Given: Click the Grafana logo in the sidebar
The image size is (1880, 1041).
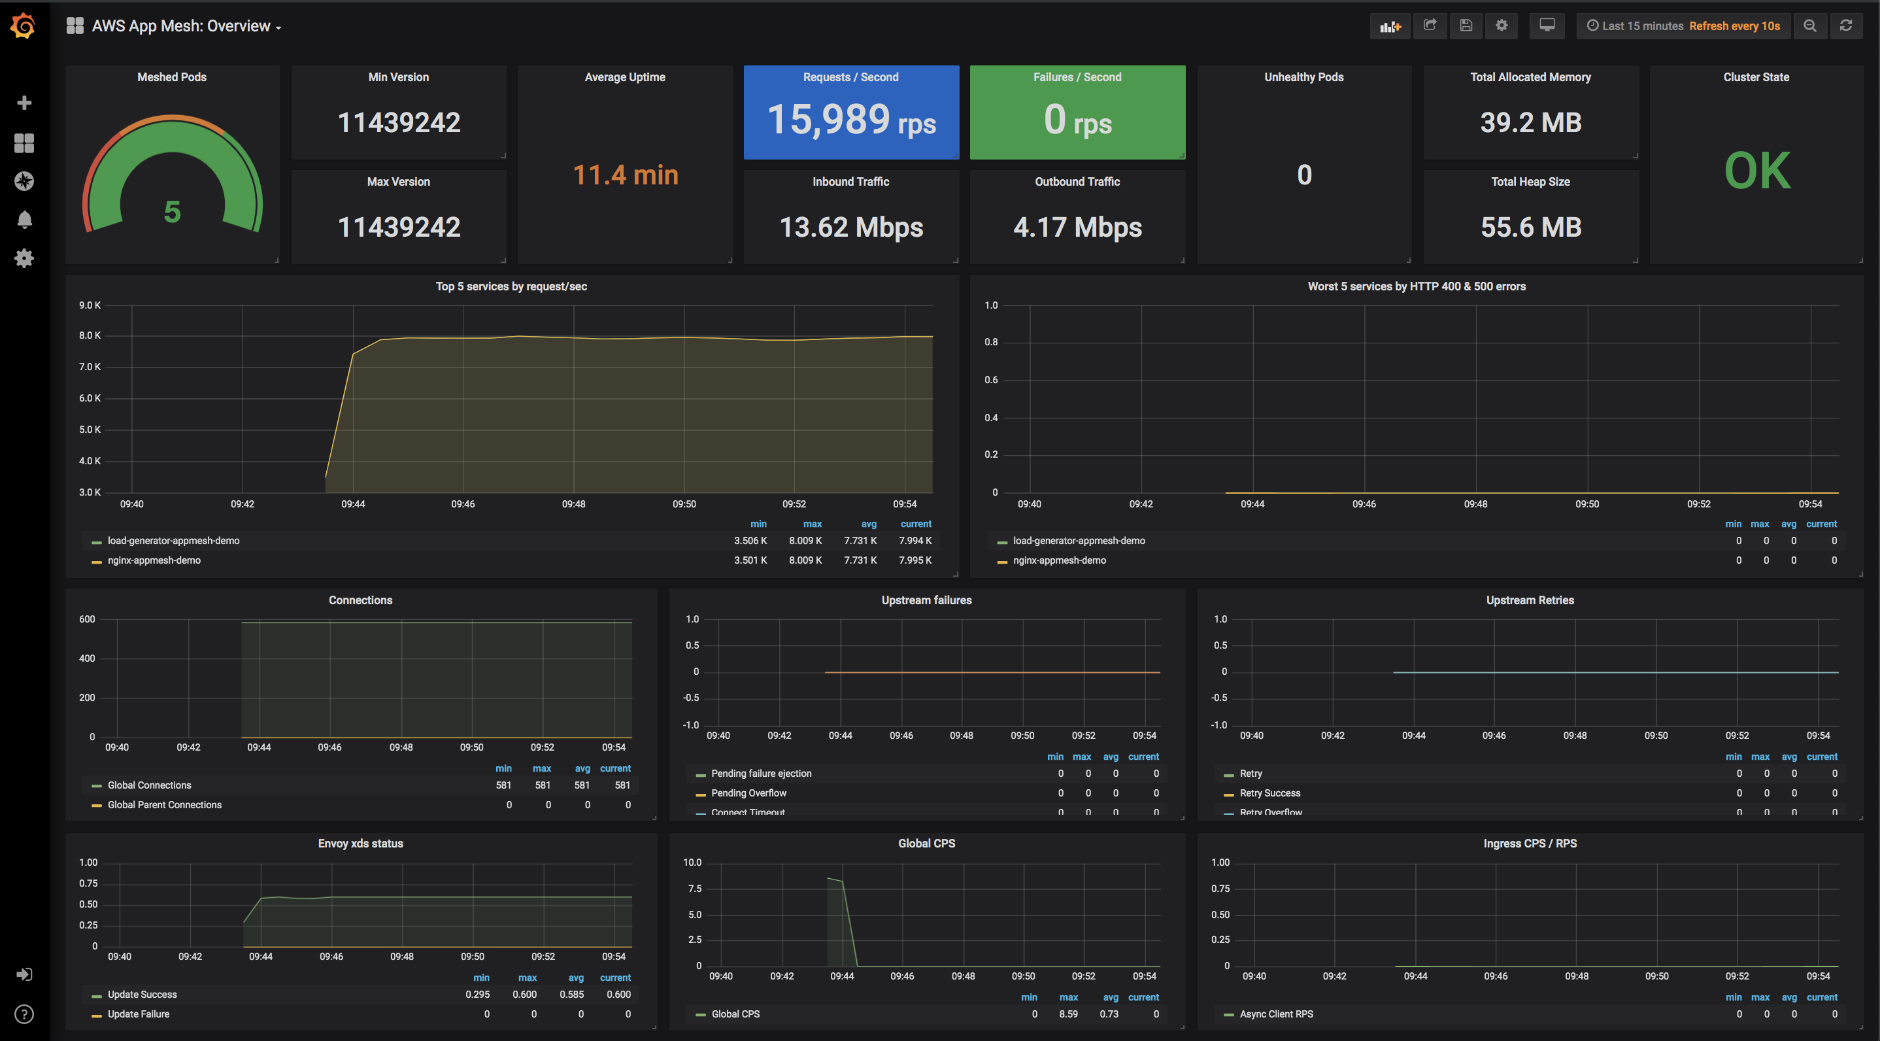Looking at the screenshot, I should click(24, 26).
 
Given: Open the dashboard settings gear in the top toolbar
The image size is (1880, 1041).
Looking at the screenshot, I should click(1502, 26).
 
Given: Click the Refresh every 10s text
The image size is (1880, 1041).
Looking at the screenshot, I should click(1734, 26).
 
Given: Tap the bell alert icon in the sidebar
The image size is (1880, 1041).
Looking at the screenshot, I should click(24, 220).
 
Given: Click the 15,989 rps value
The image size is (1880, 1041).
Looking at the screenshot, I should click(851, 120).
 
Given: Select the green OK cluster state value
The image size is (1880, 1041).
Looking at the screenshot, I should click(1756, 171).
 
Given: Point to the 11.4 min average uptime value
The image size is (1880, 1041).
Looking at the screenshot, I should click(626, 175).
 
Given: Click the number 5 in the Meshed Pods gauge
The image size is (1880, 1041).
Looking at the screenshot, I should click(172, 212).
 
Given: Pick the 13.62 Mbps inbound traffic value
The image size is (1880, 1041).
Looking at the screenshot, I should click(851, 227).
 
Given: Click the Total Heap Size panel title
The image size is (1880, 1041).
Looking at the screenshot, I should click(1530, 182).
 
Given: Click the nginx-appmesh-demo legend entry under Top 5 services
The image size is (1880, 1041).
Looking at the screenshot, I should click(154, 560).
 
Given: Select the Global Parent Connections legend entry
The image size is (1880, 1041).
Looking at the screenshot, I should click(164, 805).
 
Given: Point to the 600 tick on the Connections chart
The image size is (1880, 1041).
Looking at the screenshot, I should click(87, 620).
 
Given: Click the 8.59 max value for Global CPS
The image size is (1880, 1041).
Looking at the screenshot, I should click(1067, 1014).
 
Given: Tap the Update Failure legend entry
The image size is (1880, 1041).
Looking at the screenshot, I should click(138, 1014).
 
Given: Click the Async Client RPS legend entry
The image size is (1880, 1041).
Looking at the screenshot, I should click(1276, 1014).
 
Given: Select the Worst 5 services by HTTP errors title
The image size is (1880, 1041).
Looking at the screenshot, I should click(1416, 286).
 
